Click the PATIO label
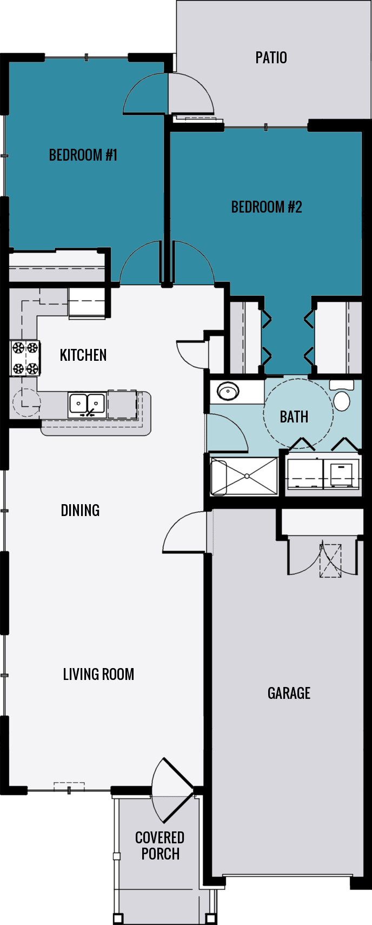tap(271, 57)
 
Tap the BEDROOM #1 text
tap(83, 155)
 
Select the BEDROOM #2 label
tap(267, 207)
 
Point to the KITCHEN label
tap(83, 355)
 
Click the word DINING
tap(80, 510)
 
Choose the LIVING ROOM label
tap(98, 674)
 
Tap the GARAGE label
tap(289, 693)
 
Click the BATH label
tap(294, 417)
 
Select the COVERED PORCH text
tap(160, 845)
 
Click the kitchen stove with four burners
tap(25, 358)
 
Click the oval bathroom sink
tap(228, 391)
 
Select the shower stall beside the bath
tap(244, 476)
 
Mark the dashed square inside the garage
tap(330, 561)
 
